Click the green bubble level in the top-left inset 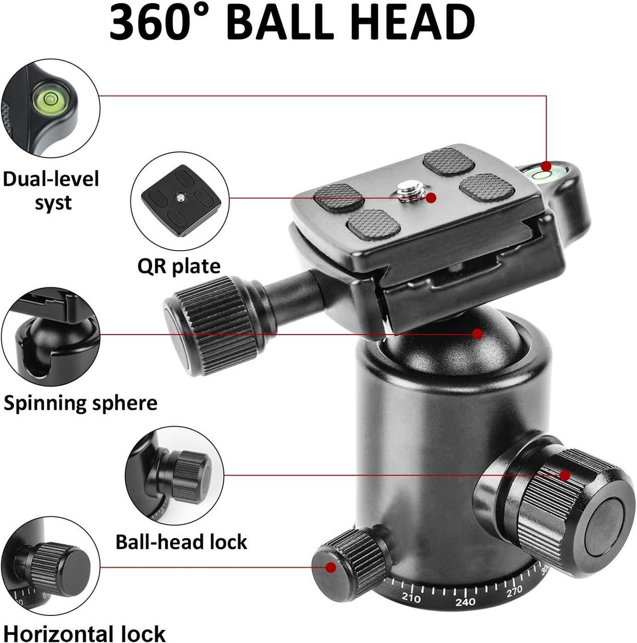tap(49, 98)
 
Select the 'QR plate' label tap(179, 266)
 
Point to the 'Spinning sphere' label tap(80, 403)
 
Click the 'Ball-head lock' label tap(181, 542)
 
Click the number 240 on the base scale tap(465, 602)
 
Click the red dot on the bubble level tap(546, 166)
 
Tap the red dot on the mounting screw tap(431, 198)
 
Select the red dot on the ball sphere tap(477, 334)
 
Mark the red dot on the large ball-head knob tap(565, 475)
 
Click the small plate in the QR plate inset tap(181, 201)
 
